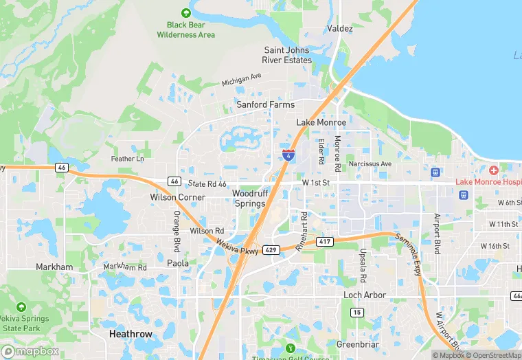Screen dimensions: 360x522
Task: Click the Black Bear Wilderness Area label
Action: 185,30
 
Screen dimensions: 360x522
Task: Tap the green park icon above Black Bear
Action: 185,13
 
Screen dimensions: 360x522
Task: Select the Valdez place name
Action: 340,29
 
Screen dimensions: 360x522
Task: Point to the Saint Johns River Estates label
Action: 288,55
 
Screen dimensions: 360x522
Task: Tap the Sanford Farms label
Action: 265,105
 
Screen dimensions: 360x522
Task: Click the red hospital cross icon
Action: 493,170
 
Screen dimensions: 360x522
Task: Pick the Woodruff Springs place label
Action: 249,199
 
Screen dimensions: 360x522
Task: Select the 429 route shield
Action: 271,251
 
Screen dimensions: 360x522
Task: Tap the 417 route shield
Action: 325,241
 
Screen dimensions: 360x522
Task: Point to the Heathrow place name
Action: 130,334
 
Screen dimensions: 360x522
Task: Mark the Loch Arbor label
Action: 365,295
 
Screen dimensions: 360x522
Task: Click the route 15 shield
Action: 356,313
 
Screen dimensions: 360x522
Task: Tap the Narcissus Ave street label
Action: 370,164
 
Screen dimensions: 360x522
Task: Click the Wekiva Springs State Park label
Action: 23,324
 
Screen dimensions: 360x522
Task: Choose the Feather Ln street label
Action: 128,159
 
